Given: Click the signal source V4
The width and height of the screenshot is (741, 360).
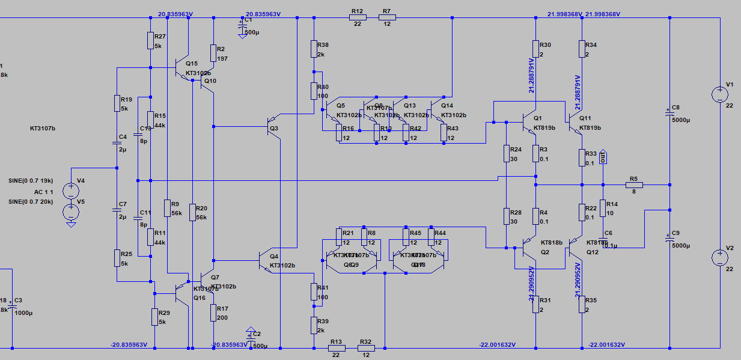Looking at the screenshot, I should coord(71,191).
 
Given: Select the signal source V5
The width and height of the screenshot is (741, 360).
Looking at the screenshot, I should coord(71,211).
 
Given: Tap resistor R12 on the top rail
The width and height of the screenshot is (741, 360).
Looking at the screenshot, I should coord(357,18).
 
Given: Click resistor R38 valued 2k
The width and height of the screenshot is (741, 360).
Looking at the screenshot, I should coord(314,49).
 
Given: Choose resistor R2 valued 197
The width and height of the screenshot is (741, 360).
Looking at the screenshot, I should coord(213,53).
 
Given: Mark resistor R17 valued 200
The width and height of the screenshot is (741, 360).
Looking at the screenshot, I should coord(213,313).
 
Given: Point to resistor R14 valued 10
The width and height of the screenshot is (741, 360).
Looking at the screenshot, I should coord(603,208).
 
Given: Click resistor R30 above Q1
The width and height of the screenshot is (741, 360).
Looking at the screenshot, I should coord(535,49).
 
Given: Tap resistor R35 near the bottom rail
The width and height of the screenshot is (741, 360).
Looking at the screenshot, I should coord(582,304).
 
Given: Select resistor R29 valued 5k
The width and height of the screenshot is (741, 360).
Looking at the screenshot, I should coord(154,316).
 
